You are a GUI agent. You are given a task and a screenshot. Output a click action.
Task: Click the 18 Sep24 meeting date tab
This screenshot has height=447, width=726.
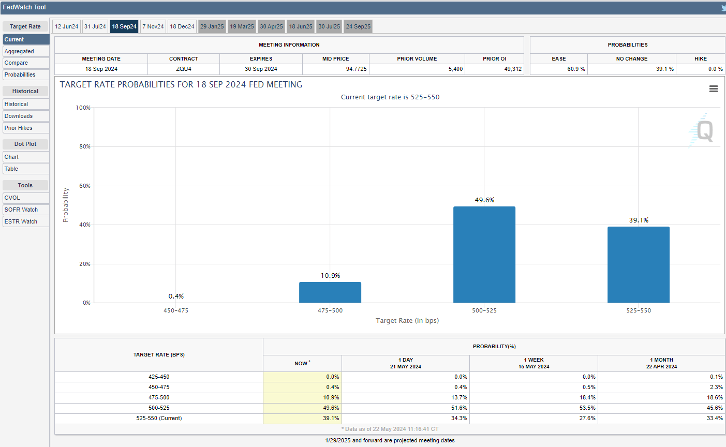pos(124,26)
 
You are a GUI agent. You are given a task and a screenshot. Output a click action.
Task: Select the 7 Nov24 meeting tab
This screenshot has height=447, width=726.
pos(153,26)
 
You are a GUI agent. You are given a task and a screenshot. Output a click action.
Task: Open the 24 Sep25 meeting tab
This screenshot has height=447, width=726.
pos(358,26)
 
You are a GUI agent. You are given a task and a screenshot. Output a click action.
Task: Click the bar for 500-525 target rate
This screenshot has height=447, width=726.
pos(484,255)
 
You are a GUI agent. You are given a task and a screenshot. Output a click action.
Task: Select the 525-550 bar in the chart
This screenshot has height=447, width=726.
pos(639,265)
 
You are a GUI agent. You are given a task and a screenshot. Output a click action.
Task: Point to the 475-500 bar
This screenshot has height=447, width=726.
pos(330,292)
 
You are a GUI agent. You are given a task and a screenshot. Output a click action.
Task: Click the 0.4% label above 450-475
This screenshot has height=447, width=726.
pos(176,296)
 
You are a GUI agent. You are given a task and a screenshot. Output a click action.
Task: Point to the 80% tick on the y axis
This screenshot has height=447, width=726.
pos(85,146)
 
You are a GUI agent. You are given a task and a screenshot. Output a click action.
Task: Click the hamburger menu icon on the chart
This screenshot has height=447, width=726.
pos(714,89)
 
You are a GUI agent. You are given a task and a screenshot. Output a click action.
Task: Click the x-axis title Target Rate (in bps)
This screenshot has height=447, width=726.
pos(407,321)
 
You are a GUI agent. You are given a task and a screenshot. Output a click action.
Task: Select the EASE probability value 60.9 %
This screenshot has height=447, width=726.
pos(576,69)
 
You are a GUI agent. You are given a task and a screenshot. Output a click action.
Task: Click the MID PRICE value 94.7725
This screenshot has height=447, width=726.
pos(356,69)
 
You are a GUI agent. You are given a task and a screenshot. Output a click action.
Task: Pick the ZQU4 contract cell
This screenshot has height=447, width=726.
pos(184,69)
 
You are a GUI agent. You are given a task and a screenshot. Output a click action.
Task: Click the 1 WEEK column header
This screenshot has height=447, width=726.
pos(534,363)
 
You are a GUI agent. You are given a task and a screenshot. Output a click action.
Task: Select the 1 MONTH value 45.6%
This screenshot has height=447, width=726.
pos(715,408)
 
